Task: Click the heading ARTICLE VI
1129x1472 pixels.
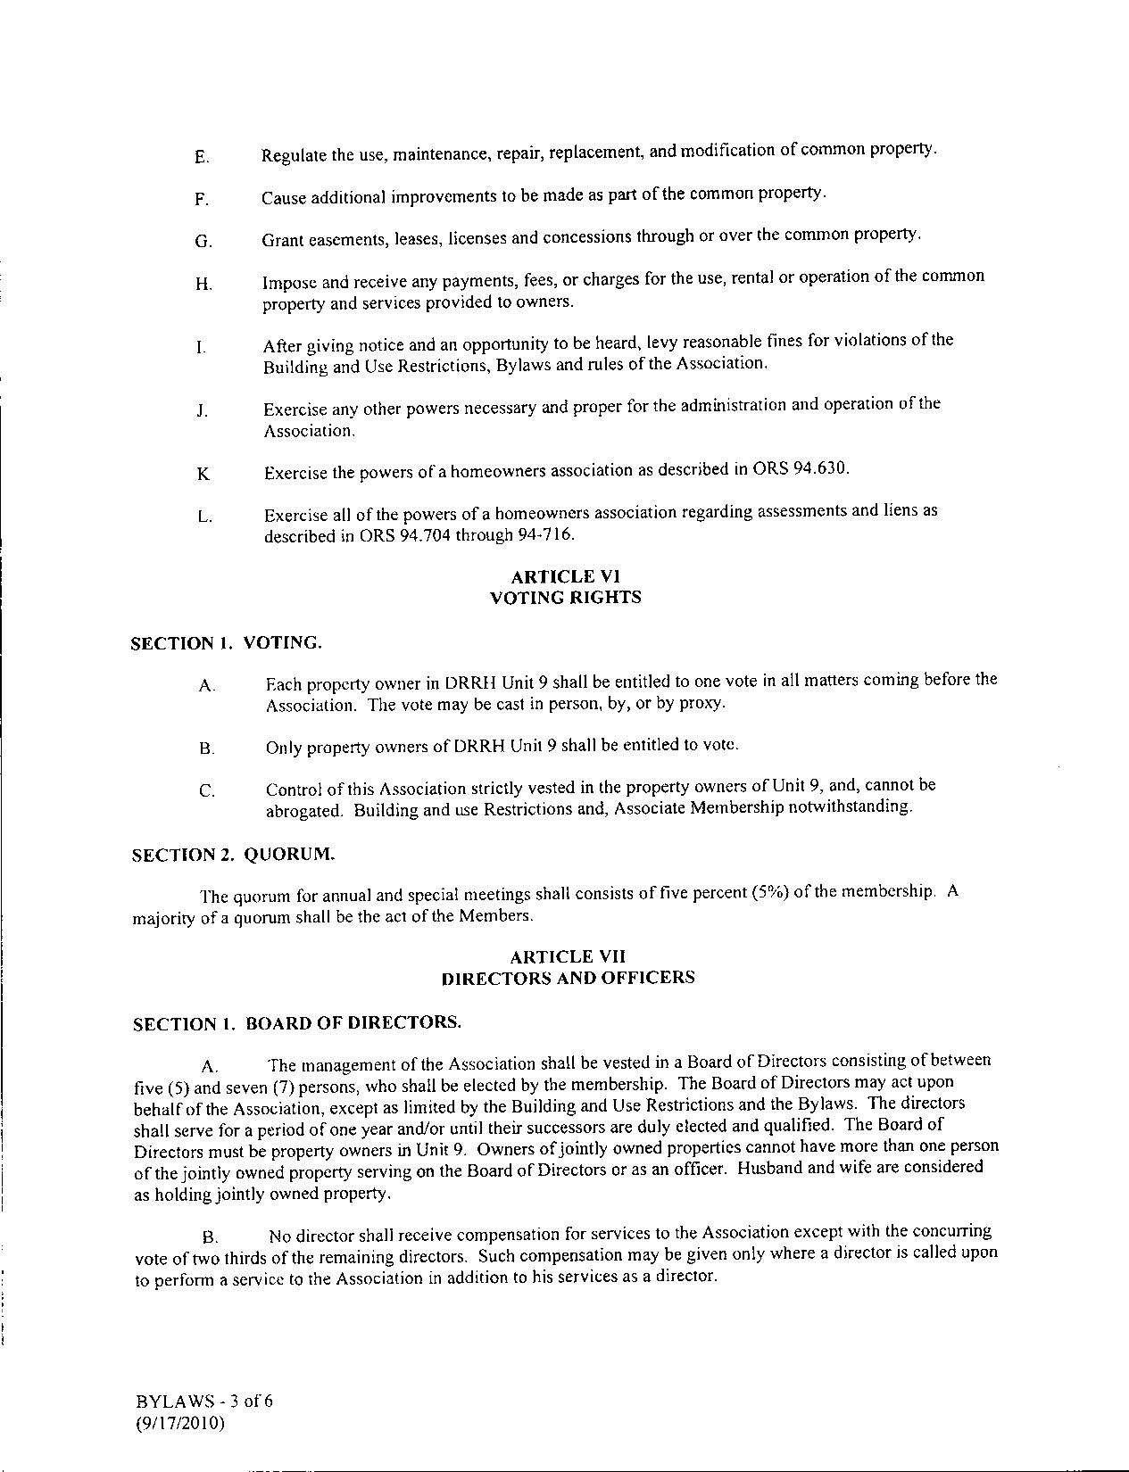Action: pyautogui.click(x=566, y=576)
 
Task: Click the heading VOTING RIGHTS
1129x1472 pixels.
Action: pyautogui.click(x=566, y=598)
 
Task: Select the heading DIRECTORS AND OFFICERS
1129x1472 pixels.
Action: pyautogui.click(x=568, y=978)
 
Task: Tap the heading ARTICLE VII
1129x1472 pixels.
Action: pyautogui.click(x=568, y=956)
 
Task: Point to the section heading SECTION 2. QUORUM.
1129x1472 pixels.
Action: pyautogui.click(x=234, y=854)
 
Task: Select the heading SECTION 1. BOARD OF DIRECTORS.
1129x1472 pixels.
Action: pyautogui.click(x=297, y=1022)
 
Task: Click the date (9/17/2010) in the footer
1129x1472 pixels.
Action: pyautogui.click(x=180, y=1423)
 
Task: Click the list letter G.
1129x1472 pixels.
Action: pyautogui.click(x=203, y=242)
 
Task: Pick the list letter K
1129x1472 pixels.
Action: pyautogui.click(x=203, y=474)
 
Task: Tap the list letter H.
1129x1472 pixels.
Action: pyautogui.click(x=203, y=285)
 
